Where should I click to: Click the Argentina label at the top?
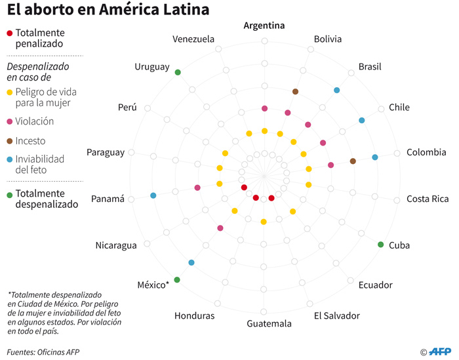click(x=264, y=26)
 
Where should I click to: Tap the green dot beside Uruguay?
click(x=178, y=72)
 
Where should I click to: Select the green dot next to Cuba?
click(x=381, y=245)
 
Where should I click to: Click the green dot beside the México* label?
click(x=177, y=280)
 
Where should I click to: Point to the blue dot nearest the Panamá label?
click(x=153, y=195)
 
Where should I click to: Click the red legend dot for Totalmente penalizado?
click(x=9, y=33)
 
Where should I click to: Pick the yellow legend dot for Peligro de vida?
click(x=9, y=92)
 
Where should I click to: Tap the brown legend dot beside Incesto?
click(x=9, y=141)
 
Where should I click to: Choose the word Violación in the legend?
click(x=35, y=121)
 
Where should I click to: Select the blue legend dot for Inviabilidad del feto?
click(x=9, y=159)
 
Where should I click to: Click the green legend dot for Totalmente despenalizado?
click(x=9, y=194)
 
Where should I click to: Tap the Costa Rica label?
click(x=428, y=199)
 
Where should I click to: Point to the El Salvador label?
click(x=336, y=316)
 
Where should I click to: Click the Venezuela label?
click(x=193, y=39)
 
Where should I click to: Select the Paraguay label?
click(x=105, y=153)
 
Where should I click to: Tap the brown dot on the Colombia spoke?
click(x=353, y=161)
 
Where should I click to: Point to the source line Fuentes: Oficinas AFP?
click(x=43, y=352)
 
